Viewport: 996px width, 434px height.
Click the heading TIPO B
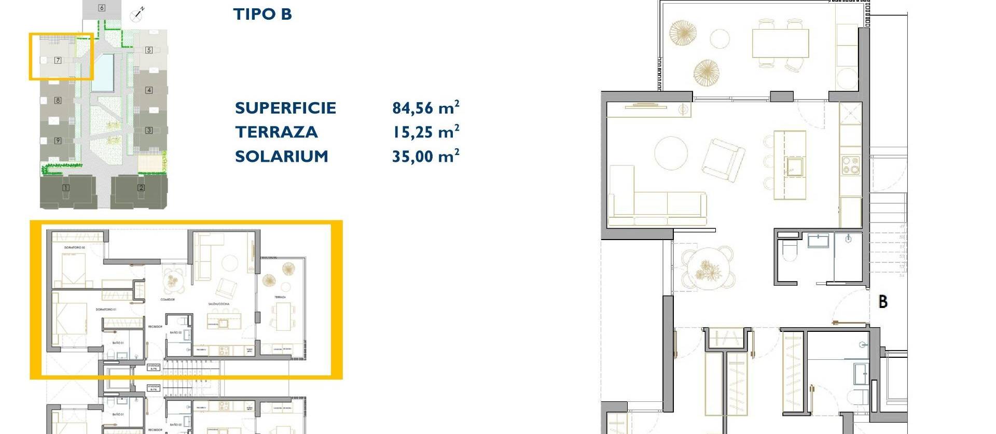click(x=262, y=14)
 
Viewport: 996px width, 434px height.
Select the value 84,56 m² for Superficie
click(x=425, y=107)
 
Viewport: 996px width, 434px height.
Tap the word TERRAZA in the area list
click(x=276, y=132)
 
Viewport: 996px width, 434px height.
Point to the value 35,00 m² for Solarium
click(x=425, y=156)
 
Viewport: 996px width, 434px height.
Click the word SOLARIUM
click(x=281, y=156)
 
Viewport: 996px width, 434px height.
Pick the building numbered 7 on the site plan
click(x=58, y=60)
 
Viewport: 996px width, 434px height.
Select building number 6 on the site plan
click(x=102, y=8)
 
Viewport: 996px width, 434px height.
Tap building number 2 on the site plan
click(x=141, y=188)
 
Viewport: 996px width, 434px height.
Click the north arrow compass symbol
click(x=138, y=14)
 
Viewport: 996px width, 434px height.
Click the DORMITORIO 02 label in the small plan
click(x=75, y=248)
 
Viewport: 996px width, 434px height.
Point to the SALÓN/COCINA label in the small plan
click(x=219, y=304)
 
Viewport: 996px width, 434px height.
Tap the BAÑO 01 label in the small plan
click(x=118, y=343)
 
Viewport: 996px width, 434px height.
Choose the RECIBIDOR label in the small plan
click(x=155, y=327)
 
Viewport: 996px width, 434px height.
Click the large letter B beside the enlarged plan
click(x=883, y=301)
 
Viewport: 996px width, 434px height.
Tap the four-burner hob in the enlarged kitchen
click(x=850, y=165)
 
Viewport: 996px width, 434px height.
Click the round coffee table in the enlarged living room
click(x=671, y=153)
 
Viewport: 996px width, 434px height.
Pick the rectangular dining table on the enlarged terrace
click(x=780, y=43)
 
